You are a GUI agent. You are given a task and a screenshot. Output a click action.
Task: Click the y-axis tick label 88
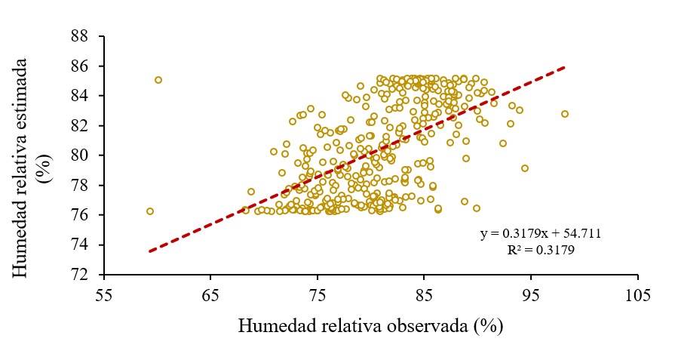point(79,36)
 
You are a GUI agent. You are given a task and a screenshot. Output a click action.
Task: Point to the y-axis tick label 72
point(79,275)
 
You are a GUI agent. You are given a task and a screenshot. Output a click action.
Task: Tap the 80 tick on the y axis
point(79,155)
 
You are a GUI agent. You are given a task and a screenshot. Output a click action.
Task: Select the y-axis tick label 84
point(79,96)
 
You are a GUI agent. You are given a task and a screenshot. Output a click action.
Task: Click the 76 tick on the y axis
point(79,215)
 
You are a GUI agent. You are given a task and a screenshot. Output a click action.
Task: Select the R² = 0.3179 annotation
point(541,250)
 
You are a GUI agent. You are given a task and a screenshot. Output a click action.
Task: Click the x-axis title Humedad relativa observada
point(370,326)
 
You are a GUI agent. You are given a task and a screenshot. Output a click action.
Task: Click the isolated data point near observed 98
point(564,114)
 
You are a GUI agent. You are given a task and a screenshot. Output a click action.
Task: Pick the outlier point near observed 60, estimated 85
point(158,80)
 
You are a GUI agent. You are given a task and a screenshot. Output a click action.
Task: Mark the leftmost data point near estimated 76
point(150,211)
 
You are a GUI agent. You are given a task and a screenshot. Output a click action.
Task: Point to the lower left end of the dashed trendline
point(149,251)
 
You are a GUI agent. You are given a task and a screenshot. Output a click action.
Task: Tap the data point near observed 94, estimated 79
point(525,168)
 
